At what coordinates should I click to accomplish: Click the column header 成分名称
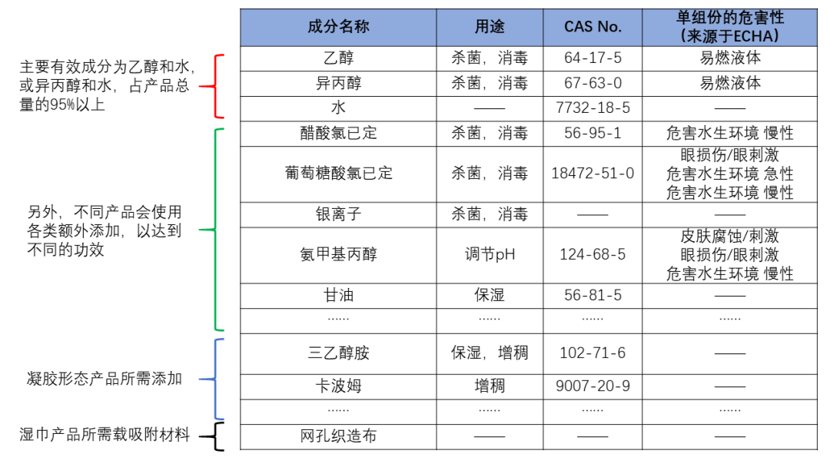338,27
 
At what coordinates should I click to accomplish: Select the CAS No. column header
593,27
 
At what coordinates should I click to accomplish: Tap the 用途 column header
490,27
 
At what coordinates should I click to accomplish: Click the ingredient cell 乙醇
338,58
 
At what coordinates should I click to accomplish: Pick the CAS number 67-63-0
593,83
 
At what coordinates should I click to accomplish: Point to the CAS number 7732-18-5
593,108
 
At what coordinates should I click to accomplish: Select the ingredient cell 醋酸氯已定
338,134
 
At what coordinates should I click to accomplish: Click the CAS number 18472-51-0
593,174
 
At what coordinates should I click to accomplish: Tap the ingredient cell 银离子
338,215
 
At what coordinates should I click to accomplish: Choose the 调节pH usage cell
490,255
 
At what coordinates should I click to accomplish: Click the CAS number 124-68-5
593,255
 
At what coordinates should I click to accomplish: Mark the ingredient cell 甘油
338,296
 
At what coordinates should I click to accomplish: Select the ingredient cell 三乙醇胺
338,353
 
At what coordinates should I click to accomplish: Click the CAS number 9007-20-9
593,386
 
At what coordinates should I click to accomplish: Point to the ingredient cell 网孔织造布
338,436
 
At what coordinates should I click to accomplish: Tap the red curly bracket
212,86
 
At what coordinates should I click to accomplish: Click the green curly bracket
212,230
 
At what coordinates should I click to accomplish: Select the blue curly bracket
212,379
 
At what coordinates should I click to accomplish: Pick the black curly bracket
212,436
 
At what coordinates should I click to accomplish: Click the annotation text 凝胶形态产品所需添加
105,379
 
